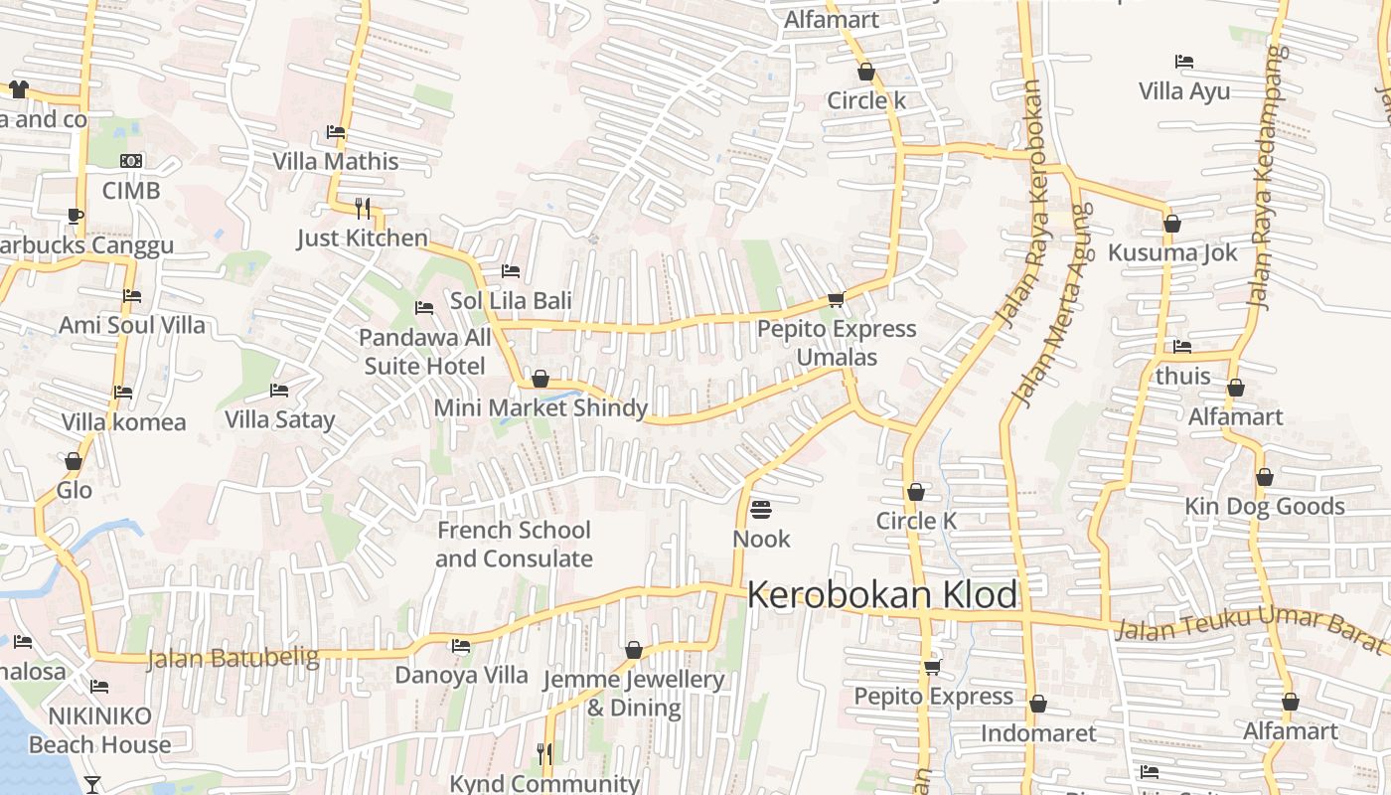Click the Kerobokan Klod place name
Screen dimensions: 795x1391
(x=882, y=595)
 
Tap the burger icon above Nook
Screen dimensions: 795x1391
(x=761, y=510)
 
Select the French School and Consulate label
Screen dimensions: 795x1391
(x=514, y=545)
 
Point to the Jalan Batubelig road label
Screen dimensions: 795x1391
(x=232, y=658)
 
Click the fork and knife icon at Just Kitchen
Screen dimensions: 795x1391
(x=363, y=208)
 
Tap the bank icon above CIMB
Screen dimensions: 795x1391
(x=131, y=161)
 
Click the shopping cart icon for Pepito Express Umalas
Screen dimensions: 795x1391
(x=836, y=299)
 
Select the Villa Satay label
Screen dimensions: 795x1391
(x=279, y=419)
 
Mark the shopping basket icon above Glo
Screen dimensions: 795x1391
(x=74, y=462)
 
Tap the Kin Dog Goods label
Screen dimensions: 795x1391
(x=1264, y=507)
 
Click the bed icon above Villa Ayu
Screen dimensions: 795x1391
(x=1183, y=62)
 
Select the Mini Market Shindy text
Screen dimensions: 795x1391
(x=541, y=407)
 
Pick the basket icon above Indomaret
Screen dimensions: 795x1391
(x=1038, y=705)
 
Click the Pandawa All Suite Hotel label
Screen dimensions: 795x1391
(x=425, y=352)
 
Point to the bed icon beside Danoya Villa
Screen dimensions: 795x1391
(x=461, y=646)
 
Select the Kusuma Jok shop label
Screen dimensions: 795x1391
(x=1172, y=252)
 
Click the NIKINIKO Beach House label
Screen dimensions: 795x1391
(x=99, y=730)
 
